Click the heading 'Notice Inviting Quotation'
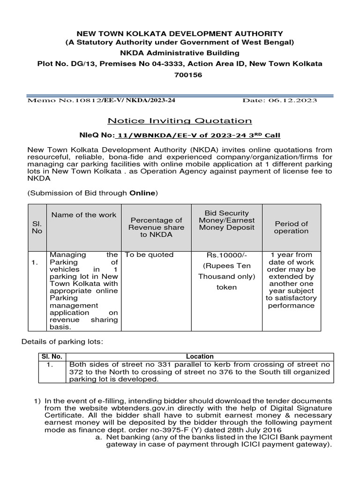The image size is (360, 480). [x=180, y=121]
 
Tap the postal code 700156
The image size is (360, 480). [x=180, y=75]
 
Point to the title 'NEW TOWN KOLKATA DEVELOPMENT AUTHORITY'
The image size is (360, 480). [x=180, y=34]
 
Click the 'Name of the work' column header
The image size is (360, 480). [x=84, y=215]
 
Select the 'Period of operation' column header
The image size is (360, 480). [x=291, y=227]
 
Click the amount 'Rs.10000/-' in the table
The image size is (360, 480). [x=226, y=255]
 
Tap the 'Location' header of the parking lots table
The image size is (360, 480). [x=200, y=356]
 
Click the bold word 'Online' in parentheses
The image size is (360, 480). [x=142, y=193]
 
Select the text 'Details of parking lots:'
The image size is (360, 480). [x=62, y=342]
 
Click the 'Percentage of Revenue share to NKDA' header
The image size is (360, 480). [x=156, y=227]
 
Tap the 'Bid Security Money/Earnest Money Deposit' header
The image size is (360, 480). [x=226, y=220]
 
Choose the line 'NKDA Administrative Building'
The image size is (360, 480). [x=180, y=53]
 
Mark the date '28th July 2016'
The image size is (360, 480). [x=257, y=430]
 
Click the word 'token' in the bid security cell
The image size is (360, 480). [x=226, y=287]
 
